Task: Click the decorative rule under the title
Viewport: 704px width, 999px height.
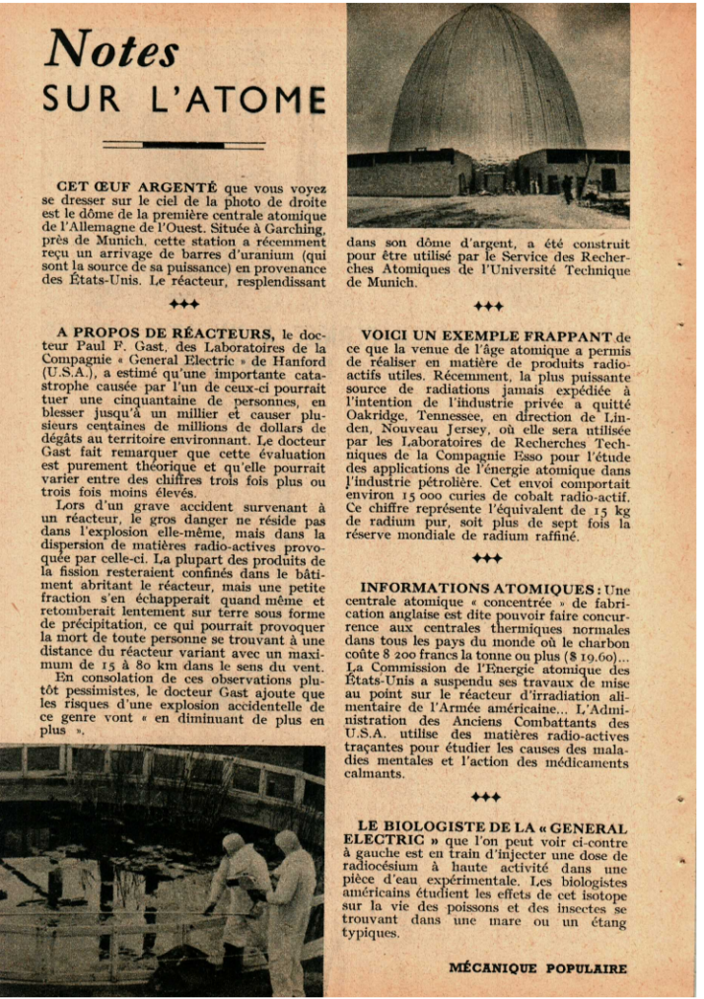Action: [x=184, y=144]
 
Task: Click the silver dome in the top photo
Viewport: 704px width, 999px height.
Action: [x=487, y=84]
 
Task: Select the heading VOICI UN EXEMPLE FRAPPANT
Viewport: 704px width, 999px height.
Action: [x=487, y=335]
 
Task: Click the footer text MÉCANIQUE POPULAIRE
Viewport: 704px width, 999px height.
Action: [x=537, y=967]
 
